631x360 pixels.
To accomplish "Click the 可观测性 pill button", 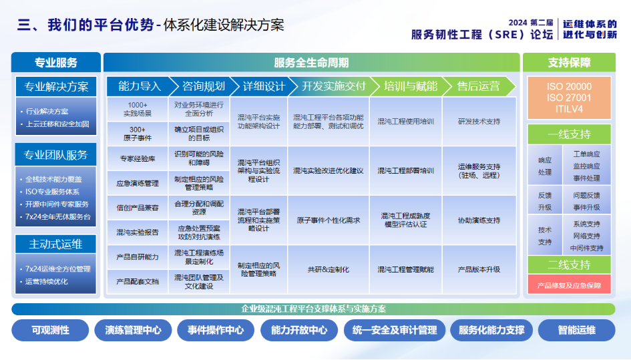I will pos(50,330).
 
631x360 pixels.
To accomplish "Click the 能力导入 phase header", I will pos(140,86).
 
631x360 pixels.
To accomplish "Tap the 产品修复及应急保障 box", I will pos(569,285).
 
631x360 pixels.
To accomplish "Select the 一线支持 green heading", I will pos(569,134).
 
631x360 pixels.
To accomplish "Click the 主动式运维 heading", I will pos(56,244).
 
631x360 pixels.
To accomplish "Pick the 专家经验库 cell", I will pos(138,158).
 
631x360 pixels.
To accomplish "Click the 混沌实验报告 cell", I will pos(138,232).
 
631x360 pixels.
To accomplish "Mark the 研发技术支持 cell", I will pos(479,122).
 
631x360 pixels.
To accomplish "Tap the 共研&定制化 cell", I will pos(328,270).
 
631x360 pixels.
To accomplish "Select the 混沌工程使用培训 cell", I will pos(405,122).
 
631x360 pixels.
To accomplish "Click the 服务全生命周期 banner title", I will pos(311,63).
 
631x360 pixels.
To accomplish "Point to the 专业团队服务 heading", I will pos(56,155).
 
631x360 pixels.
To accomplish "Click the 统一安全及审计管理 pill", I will pos(394,330).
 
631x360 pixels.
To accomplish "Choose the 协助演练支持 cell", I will pos(479,220).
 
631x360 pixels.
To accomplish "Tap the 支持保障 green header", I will pos(569,63).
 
